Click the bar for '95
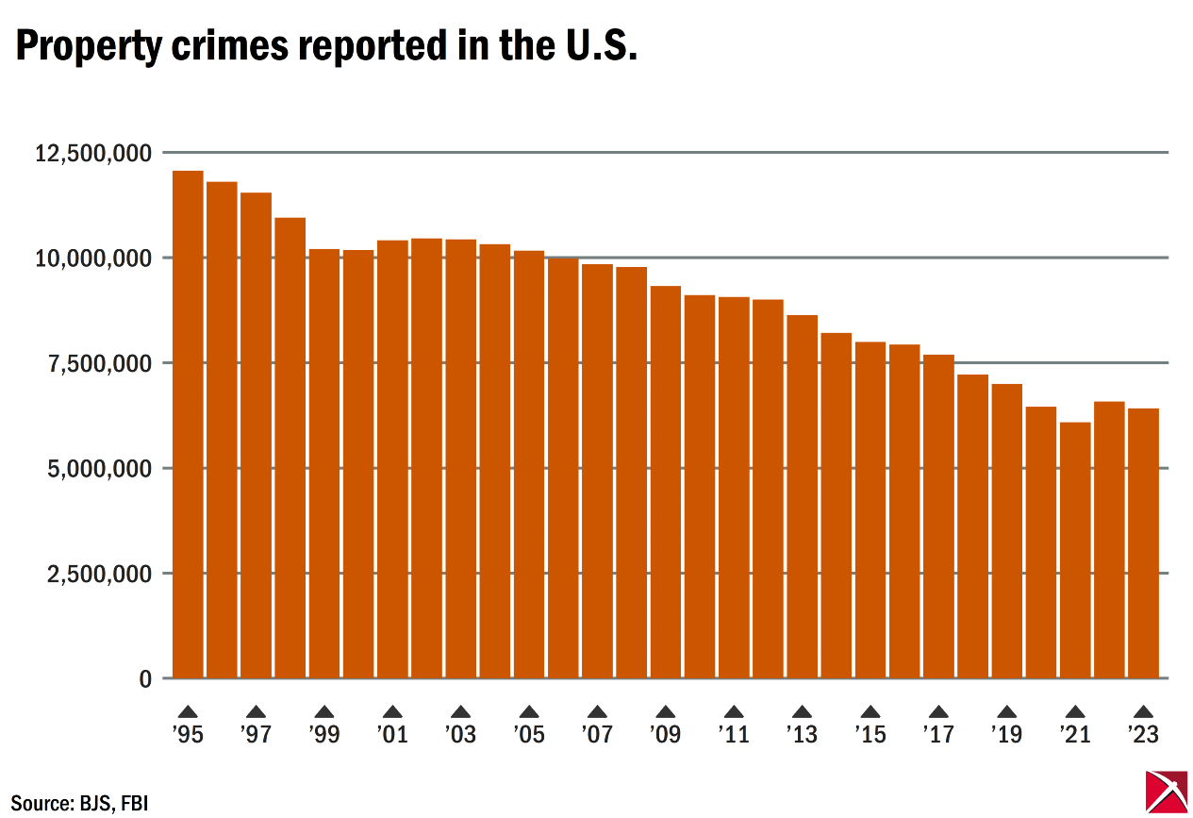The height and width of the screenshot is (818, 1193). coord(188,425)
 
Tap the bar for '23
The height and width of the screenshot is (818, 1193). coord(1143,543)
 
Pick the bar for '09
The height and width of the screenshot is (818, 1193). coord(666,481)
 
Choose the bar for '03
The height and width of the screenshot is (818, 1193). coord(460,459)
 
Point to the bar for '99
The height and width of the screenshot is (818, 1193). coord(324,463)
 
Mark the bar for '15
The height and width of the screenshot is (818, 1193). coord(870,509)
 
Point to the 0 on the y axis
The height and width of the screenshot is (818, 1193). coord(144,679)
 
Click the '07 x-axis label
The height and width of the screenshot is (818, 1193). coord(597,734)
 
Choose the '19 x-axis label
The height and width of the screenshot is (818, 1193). coord(1006,734)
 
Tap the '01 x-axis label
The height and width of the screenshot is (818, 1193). coord(392,734)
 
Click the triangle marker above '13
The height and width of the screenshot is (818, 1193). coord(802,712)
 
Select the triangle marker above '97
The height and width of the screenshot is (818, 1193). coord(256,712)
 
